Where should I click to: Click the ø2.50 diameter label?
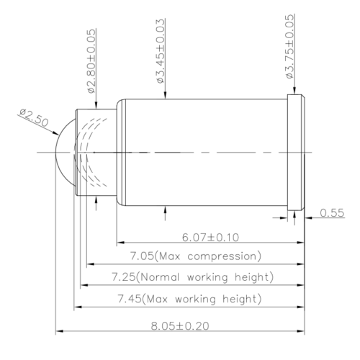pyautogui.click(x=34, y=117)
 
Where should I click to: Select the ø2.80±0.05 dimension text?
pyautogui.click(x=92, y=61)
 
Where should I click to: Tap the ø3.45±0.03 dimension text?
pyautogui.click(x=161, y=51)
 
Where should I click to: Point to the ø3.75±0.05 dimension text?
pyautogui.click(x=289, y=46)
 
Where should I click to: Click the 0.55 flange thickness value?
pyautogui.click(x=332, y=212)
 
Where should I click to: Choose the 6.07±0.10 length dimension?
pyautogui.click(x=210, y=238)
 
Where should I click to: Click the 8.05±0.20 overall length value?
pyautogui.click(x=180, y=325)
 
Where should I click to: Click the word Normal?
pyautogui.click(x=159, y=277)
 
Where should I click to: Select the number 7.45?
pyautogui.click(x=130, y=299)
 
